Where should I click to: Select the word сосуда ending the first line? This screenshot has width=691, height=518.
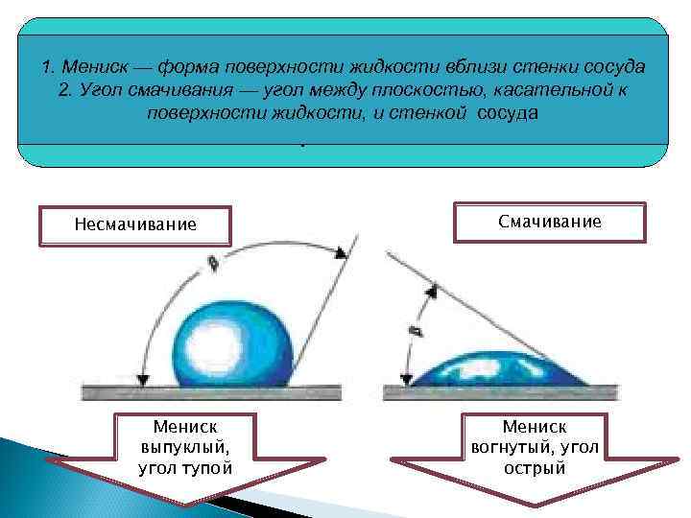click(x=610, y=68)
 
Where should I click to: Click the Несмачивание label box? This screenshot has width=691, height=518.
click(x=134, y=225)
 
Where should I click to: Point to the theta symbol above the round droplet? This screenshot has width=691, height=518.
click(x=211, y=261)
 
